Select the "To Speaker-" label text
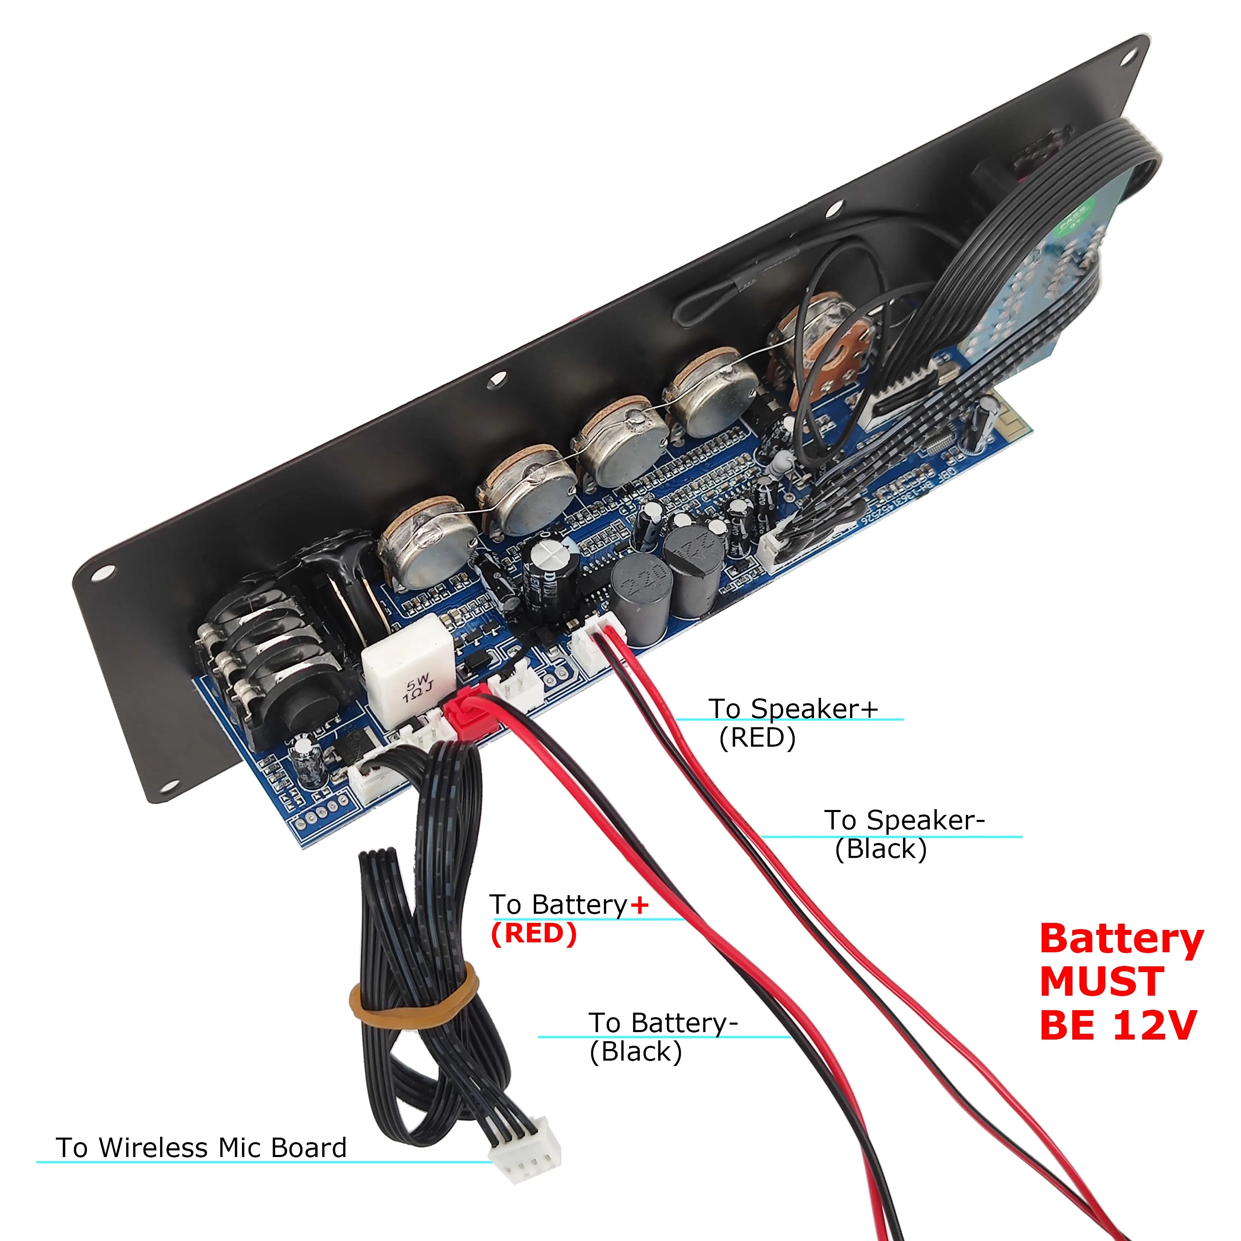point(904,821)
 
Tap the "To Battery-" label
point(663,1023)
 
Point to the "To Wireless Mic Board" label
point(201,1147)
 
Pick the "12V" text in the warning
point(1155,1025)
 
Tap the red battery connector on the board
point(472,713)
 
